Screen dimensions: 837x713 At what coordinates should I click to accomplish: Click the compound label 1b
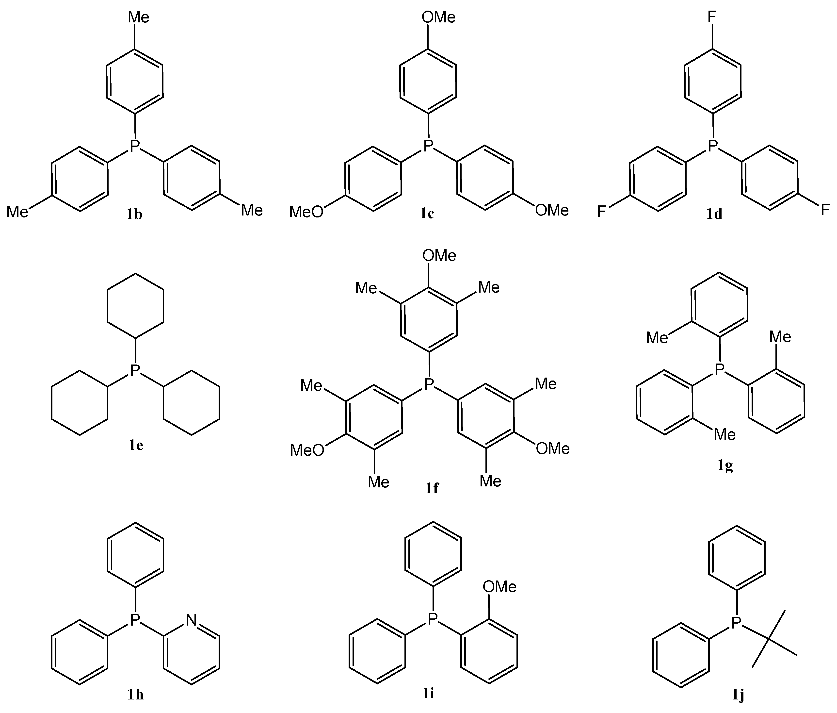pos(134,215)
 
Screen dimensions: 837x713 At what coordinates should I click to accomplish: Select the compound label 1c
pos(427,214)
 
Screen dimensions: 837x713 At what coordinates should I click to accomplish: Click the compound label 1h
pos(136,695)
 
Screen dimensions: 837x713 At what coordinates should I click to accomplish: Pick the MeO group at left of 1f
pos(307,450)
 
